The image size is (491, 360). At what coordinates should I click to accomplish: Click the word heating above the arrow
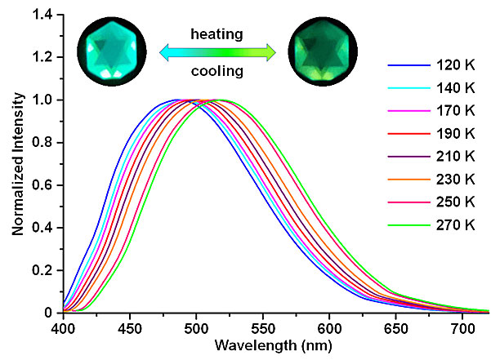point(216,35)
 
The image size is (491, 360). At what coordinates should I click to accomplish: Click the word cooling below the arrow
point(216,71)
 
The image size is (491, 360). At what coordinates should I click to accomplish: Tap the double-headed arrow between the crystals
point(217,53)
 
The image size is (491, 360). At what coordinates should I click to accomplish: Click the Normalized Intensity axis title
point(17,163)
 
